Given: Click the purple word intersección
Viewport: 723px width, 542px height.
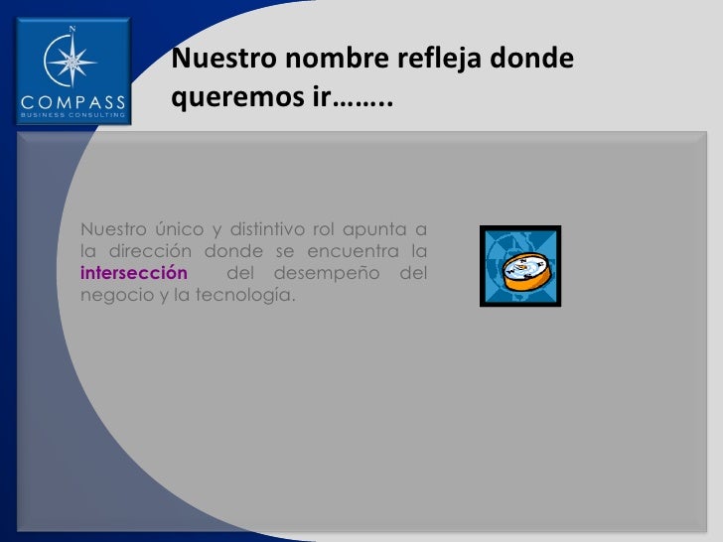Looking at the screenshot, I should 133,273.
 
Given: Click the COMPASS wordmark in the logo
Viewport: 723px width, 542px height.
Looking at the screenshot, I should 73,101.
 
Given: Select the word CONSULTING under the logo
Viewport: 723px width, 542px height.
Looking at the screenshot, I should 100,114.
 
